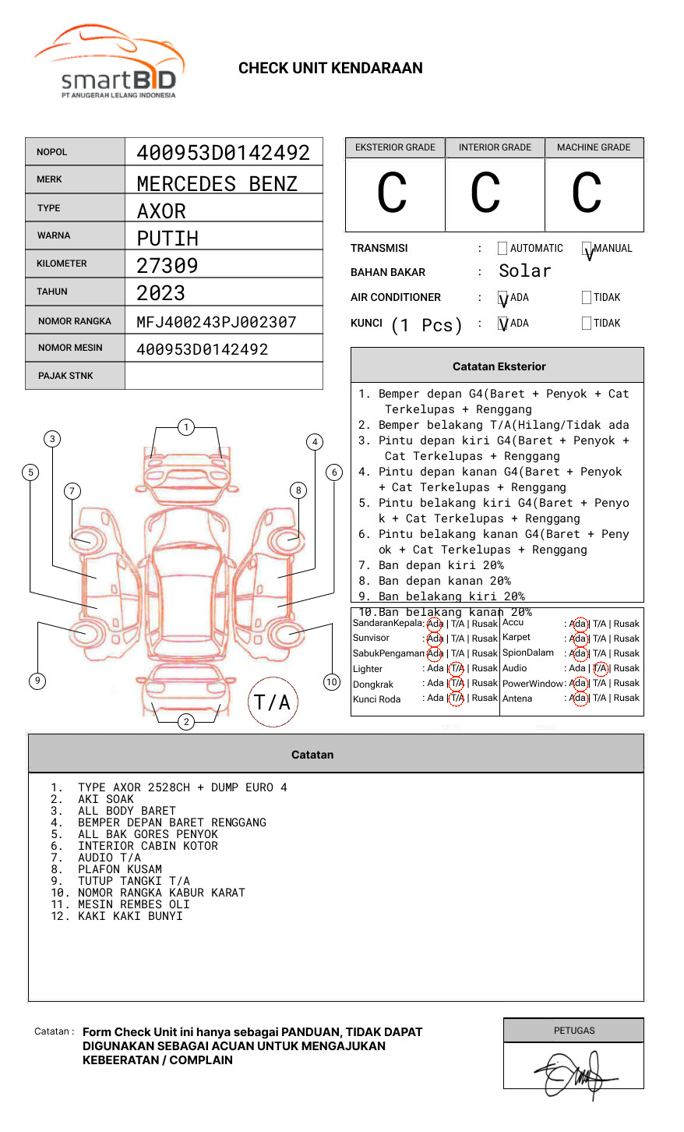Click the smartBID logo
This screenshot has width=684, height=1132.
110,63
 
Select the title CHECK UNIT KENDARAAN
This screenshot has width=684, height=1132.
330,69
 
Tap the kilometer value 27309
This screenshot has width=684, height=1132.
167,266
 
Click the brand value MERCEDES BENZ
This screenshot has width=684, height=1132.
217,184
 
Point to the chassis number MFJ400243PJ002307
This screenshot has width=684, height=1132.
217,322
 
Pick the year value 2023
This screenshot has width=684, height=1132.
161,294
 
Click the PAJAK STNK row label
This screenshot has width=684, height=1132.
65,376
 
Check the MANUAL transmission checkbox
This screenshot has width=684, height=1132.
587,249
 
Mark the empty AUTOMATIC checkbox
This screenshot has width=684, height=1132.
502,249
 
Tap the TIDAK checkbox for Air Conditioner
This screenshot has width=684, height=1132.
587,298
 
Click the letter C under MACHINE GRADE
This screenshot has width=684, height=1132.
587,193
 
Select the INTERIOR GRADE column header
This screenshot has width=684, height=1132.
495,147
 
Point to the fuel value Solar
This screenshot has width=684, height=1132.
524,271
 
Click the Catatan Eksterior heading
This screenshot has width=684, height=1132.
499,366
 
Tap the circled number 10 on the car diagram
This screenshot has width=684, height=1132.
332,682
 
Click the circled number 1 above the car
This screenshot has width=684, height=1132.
185,427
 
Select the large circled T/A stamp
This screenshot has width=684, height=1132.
273,702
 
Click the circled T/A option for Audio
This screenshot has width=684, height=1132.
600,668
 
